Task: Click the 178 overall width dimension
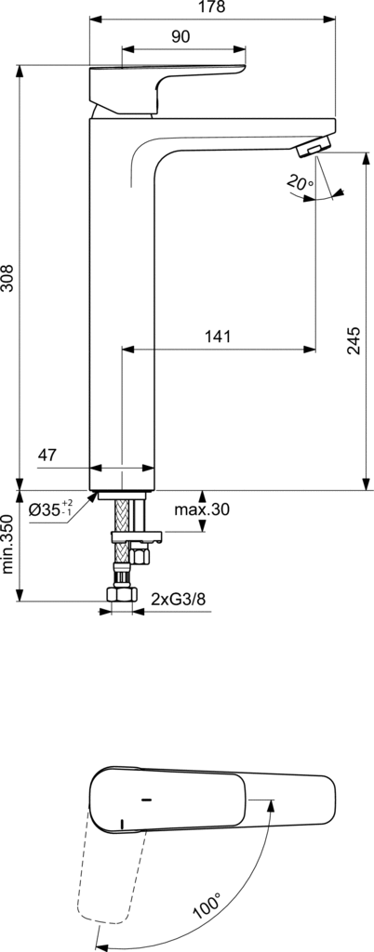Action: (212, 7)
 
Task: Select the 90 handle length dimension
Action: (180, 36)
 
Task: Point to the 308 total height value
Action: (8, 279)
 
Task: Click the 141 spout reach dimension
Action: (218, 337)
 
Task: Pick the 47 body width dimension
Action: (47, 456)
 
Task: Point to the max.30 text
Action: (202, 509)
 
